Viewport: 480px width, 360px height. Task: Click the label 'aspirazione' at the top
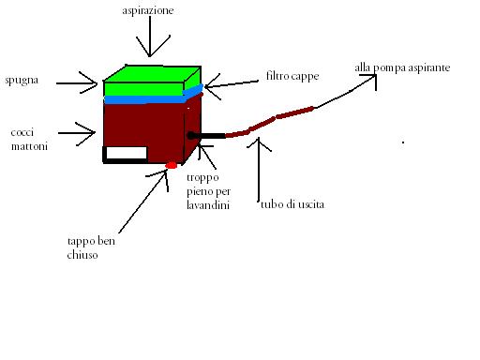click(x=148, y=11)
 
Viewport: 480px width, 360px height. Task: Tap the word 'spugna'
click(x=22, y=81)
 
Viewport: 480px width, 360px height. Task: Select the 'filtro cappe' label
click(x=292, y=76)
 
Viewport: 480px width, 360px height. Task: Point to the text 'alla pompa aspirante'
click(x=402, y=68)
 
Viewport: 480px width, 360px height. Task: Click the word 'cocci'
click(x=22, y=132)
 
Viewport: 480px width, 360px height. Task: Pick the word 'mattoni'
click(x=29, y=146)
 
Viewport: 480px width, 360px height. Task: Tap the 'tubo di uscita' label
click(x=292, y=204)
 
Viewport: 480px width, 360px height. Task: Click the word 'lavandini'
click(x=208, y=204)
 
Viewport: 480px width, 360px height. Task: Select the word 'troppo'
click(x=202, y=178)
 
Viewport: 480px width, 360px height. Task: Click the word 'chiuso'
click(x=82, y=255)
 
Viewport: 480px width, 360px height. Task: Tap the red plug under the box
click(x=172, y=165)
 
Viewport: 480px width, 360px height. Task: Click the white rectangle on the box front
click(x=127, y=153)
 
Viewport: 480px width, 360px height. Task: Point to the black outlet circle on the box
click(x=191, y=135)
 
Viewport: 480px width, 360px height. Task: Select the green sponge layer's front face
click(x=143, y=89)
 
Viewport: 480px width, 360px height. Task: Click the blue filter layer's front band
click(x=143, y=99)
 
